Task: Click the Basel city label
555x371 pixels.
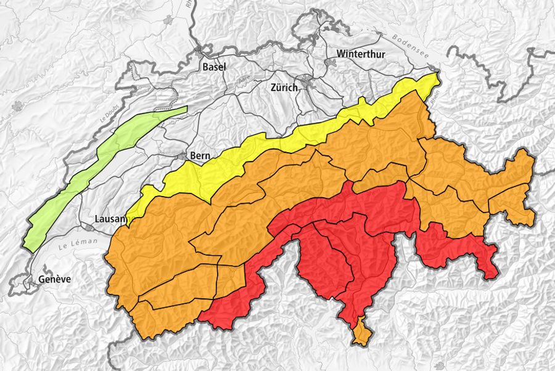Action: (214, 67)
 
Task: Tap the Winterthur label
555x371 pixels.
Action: (360, 54)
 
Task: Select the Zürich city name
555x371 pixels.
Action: (284, 88)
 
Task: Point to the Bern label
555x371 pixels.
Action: (201, 155)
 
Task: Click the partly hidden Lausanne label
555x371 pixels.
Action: (111, 219)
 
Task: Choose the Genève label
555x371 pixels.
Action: (54, 279)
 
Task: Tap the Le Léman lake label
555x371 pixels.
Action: (78, 243)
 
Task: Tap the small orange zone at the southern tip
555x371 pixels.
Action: (361, 333)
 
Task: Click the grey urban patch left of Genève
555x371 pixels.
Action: (28, 282)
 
